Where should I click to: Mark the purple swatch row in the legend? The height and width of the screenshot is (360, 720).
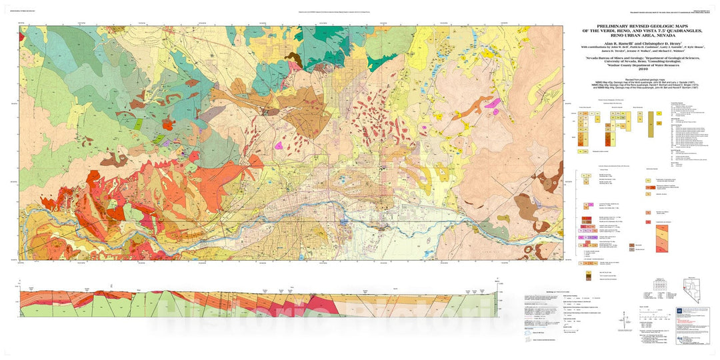(590, 237)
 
